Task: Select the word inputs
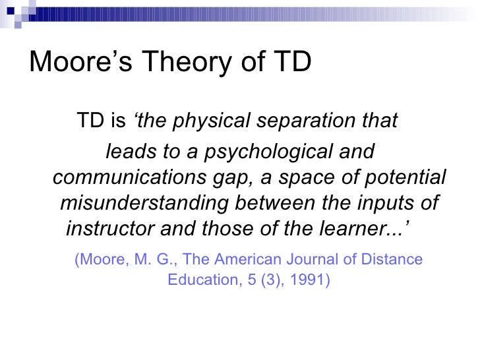(385, 203)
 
